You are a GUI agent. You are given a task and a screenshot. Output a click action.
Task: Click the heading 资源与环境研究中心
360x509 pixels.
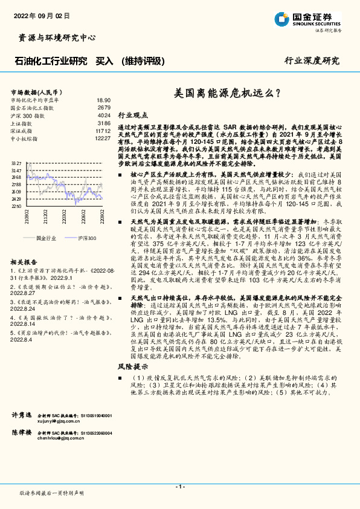pyautogui.click(x=54, y=37)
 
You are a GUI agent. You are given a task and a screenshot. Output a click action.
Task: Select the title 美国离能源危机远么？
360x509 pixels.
pyautogui.click(x=227, y=94)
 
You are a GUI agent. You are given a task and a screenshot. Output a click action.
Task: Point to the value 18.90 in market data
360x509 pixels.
pyautogui.click(x=103, y=100)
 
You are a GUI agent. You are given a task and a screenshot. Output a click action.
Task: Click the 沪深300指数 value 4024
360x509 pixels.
pyautogui.click(x=104, y=114)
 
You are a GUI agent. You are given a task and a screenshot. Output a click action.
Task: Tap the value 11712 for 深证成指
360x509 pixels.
pyautogui.click(x=103, y=130)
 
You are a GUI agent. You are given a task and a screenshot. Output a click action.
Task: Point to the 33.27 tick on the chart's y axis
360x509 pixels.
pyautogui.click(x=16, y=164)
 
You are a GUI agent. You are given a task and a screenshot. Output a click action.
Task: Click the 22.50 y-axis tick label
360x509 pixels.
pyautogui.click(x=16, y=206)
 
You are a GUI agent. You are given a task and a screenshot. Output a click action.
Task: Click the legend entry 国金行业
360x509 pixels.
pyautogui.click(x=46, y=238)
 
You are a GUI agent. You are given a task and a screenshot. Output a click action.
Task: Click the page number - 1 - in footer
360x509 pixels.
pyautogui.click(x=179, y=487)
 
